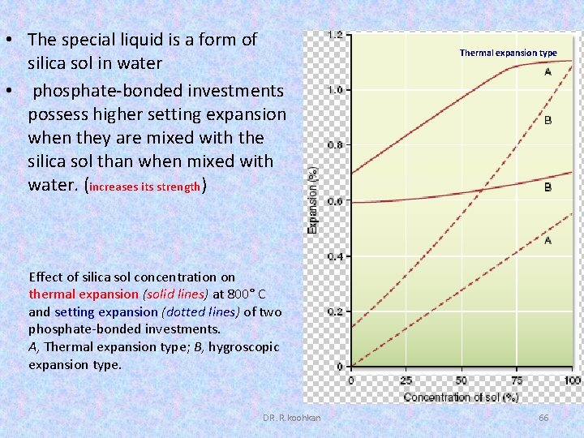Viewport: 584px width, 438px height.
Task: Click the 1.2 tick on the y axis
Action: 333,35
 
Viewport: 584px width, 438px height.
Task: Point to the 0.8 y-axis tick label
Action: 333,145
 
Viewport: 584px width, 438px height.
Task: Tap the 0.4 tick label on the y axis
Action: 333,256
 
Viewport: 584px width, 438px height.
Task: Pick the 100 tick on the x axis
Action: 571,380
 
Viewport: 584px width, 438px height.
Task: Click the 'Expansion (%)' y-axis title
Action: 313,200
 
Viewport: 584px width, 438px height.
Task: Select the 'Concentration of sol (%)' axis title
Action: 461,397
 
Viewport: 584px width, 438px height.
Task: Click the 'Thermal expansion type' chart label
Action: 508,53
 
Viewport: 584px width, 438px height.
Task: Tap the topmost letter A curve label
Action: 547,71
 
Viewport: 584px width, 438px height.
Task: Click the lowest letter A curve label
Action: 547,241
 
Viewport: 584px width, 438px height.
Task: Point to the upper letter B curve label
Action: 547,120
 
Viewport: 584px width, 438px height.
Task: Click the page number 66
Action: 543,417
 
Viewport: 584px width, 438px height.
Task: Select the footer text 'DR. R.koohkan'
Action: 291,417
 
